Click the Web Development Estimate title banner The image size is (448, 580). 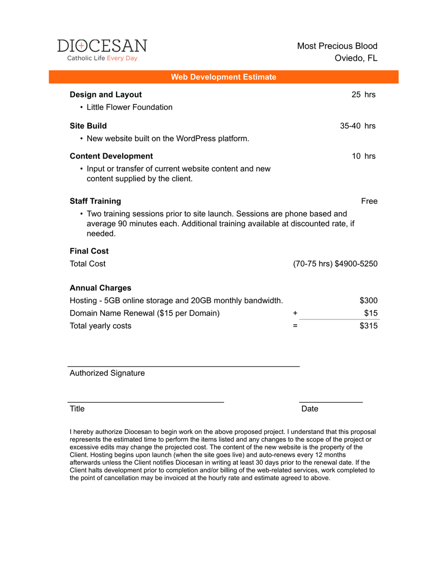tap(223, 77)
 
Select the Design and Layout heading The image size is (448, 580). tap(106, 95)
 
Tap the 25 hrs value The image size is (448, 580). tap(363, 95)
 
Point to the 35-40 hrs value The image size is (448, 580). tap(358, 126)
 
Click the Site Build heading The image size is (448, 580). tap(88, 126)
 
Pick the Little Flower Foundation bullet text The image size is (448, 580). tap(130, 107)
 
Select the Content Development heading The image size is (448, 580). tap(111, 156)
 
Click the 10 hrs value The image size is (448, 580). tap(363, 156)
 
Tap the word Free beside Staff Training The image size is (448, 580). tap(369, 201)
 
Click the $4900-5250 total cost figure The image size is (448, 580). tap(356, 264)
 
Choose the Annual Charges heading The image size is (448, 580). tap(101, 288)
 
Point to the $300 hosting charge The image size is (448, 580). tap(369, 301)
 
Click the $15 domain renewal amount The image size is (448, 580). tap(371, 313)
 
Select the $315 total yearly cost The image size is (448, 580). tap(369, 326)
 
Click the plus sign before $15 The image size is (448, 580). tap(295, 313)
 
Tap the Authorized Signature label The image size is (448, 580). tap(107, 373)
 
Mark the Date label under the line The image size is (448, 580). tap(310, 409)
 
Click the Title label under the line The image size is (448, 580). tap(77, 409)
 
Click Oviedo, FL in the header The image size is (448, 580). tap(356, 58)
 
